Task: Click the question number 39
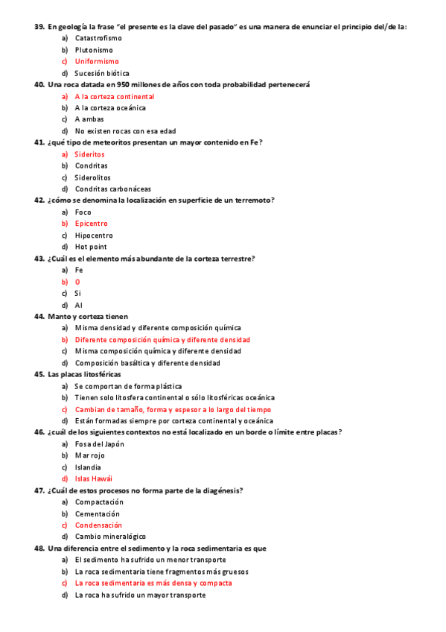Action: [39, 26]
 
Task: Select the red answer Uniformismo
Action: [97, 61]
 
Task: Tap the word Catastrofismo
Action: [99, 38]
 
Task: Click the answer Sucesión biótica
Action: [102, 73]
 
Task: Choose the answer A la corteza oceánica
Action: [110, 108]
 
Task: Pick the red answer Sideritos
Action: [89, 154]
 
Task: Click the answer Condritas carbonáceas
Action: [108, 189]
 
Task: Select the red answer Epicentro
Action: [91, 224]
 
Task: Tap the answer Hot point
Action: [91, 247]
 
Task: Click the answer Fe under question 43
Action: [79, 270]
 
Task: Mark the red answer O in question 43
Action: [77, 282]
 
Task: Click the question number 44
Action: [39, 316]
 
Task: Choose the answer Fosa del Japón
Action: [99, 443]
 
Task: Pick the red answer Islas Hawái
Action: [94, 478]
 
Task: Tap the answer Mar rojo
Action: [89, 455]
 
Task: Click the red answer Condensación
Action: [98, 525]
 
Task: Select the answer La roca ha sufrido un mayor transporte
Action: [140, 595]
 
